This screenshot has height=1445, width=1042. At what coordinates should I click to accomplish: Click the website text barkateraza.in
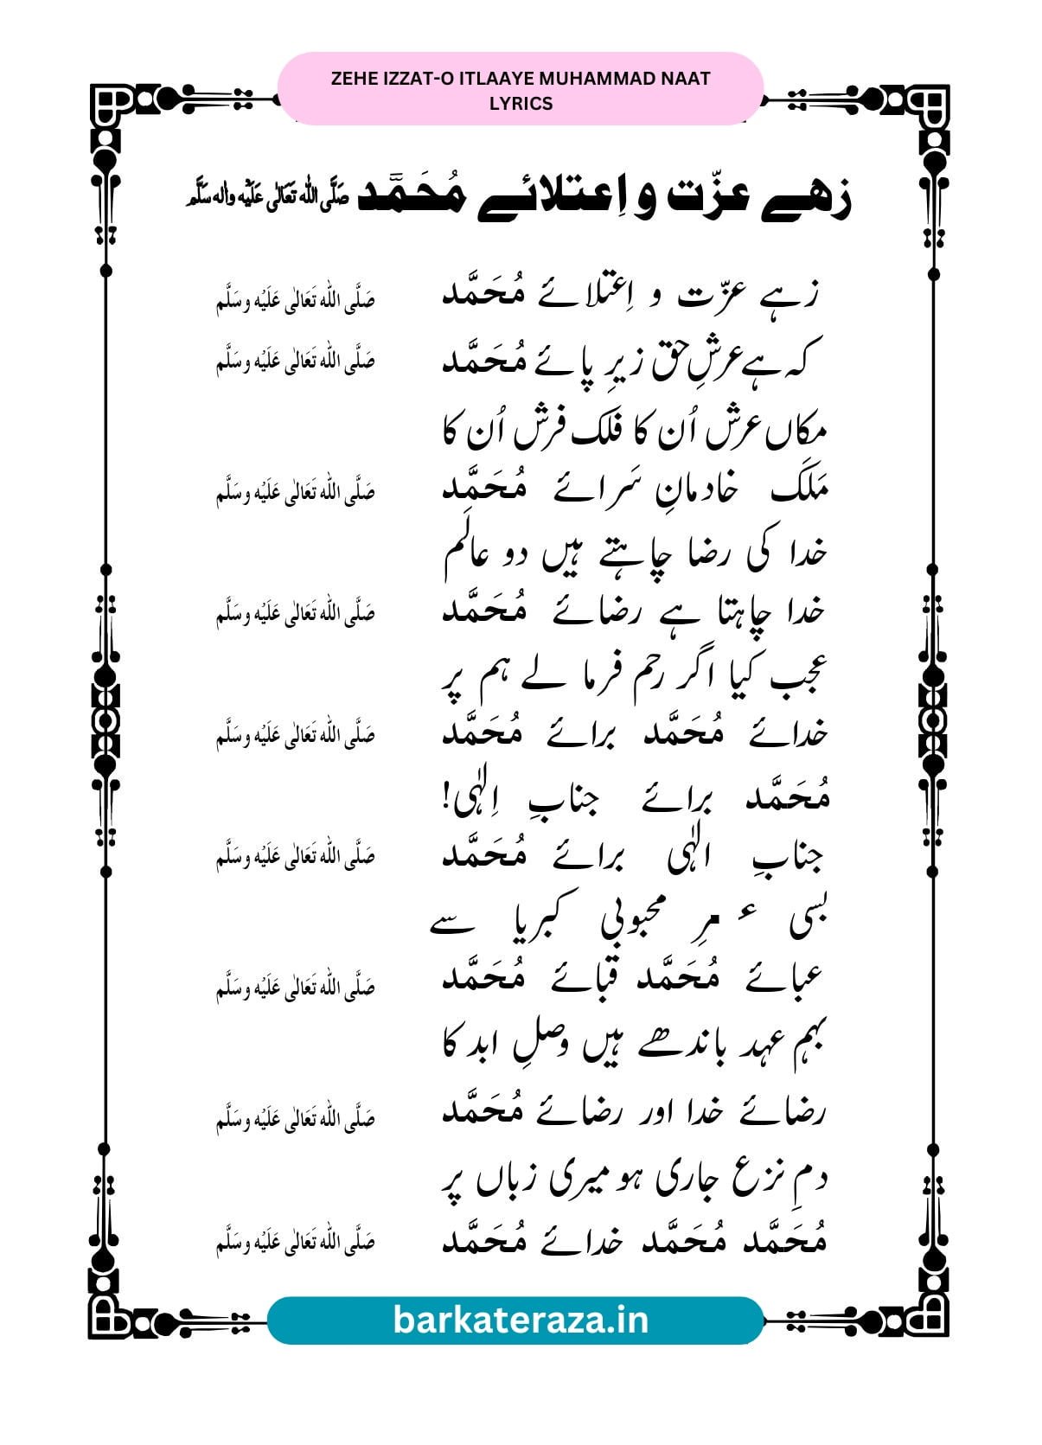point(521,1320)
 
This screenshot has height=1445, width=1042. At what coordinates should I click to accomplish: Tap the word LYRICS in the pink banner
point(521,103)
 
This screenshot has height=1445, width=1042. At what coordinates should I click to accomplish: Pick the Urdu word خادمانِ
point(688,491)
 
